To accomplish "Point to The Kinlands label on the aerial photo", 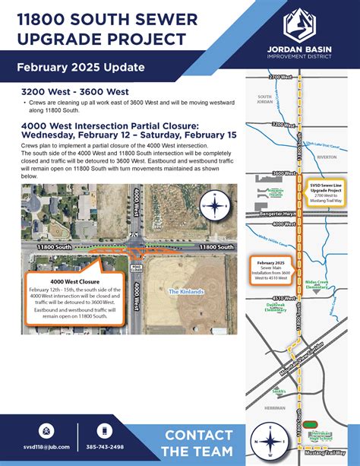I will [183, 292].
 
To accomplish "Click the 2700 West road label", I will [260, 78].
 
